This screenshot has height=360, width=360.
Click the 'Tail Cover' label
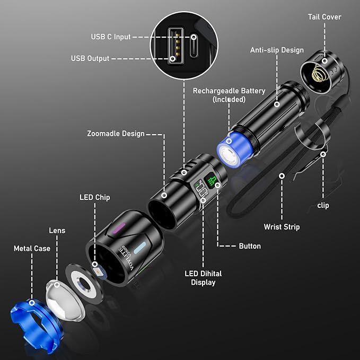[324, 17]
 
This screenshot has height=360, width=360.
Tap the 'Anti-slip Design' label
[277, 50]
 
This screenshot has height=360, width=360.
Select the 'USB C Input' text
[110, 37]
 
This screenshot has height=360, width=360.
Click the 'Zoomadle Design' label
[116, 134]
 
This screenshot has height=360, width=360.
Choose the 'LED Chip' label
[95, 197]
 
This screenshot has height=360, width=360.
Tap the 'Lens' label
[57, 231]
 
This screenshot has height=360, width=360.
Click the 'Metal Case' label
[32, 248]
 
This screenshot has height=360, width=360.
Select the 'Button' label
[250, 246]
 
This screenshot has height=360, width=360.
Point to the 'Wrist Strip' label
[282, 227]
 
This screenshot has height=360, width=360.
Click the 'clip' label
[323, 205]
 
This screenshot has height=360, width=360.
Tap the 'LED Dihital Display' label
[203, 278]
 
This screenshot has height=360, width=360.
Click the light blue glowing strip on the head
[139, 247]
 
